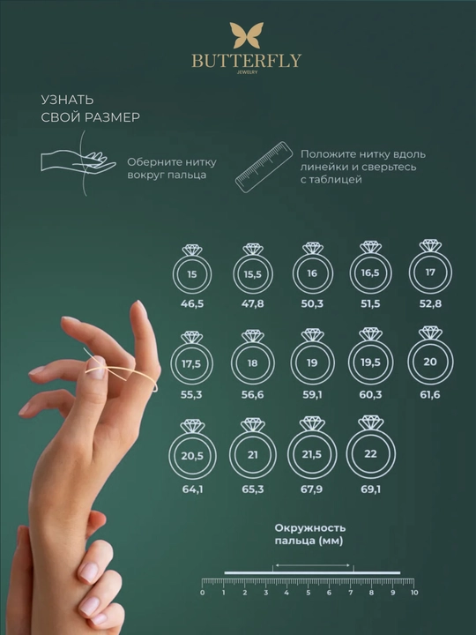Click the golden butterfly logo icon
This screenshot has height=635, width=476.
pos(247,35)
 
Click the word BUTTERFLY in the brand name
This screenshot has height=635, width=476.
pos(247,61)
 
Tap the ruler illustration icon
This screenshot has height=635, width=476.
pos(264,167)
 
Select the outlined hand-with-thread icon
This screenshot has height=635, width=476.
pos(78,163)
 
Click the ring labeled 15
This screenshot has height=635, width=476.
pos(173,274)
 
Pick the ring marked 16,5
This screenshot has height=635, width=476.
pos(351,273)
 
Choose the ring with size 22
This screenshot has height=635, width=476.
pos(347,454)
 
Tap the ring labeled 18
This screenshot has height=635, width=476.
pos(232,362)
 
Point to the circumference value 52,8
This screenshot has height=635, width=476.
pos(430,303)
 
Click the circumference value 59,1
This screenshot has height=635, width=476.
pos(312,394)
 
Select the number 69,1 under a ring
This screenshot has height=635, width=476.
pos(370,489)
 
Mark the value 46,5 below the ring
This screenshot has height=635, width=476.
pos(192,303)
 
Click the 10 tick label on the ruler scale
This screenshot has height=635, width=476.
pos(414,593)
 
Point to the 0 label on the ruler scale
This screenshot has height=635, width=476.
pos(203,593)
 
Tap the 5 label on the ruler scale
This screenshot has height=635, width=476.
pos(309,593)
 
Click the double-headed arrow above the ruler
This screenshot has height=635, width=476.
pos(312,565)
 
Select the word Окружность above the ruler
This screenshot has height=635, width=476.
pos(310,528)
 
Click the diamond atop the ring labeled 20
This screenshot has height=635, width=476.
pos(430,332)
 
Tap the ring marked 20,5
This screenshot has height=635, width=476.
pos(170,456)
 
